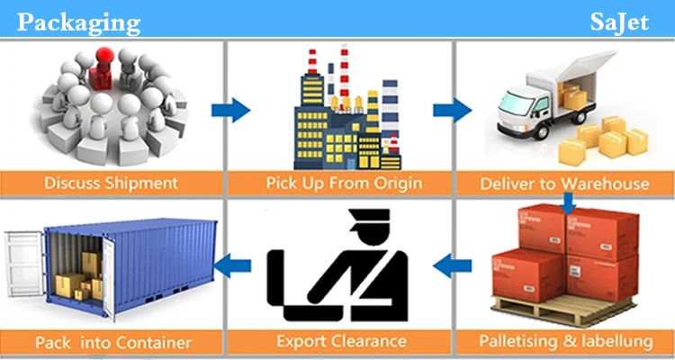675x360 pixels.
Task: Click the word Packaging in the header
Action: pos(78,22)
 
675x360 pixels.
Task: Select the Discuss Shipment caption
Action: pos(111,184)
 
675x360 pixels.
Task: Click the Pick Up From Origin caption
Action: pos(339,184)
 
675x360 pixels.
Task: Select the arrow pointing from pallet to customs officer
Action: pos(450,264)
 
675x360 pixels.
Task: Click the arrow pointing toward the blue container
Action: pos(236,264)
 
